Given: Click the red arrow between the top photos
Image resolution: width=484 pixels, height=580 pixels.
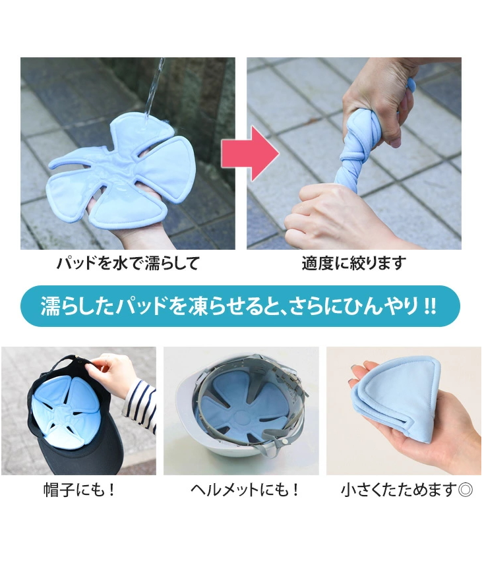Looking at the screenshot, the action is pos(250,153).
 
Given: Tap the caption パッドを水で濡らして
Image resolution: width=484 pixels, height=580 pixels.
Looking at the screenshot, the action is pos(128,264).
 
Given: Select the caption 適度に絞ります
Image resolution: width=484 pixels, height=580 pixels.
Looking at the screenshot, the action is pos(353,264).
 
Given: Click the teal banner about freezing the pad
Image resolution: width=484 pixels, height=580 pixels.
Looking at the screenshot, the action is pos(240,306).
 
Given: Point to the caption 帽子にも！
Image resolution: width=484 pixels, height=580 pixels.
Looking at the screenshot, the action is pos(80,490).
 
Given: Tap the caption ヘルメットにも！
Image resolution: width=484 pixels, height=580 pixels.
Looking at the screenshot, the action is pos(245,490).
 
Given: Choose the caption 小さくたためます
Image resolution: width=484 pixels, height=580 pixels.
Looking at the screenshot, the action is pos(398,490).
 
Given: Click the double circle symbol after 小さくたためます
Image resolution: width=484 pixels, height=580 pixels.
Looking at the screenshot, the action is pos(465,490).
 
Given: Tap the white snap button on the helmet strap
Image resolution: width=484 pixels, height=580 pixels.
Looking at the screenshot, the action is pos(286,442).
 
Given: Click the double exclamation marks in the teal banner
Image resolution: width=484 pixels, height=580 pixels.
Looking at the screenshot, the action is pos(429,306).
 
